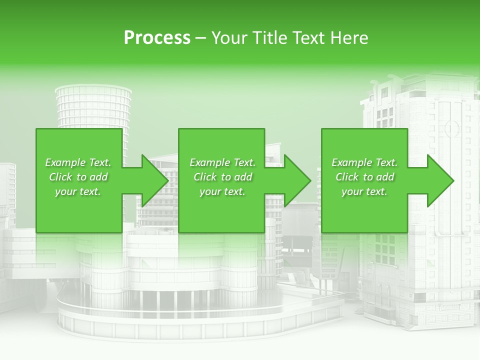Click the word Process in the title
coord(157,38)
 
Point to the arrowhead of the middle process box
coord(297,180)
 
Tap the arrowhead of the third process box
coord(440,180)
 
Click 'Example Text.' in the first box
coord(78,162)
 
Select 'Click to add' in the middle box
coord(222,177)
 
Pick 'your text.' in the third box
coord(364,191)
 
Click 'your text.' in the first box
coord(78,191)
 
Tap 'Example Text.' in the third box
coord(364,162)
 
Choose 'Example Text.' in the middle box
coord(222,162)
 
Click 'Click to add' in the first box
coord(78,177)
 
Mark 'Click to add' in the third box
coord(364,177)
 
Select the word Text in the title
coord(311,38)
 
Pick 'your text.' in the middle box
coord(222,191)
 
